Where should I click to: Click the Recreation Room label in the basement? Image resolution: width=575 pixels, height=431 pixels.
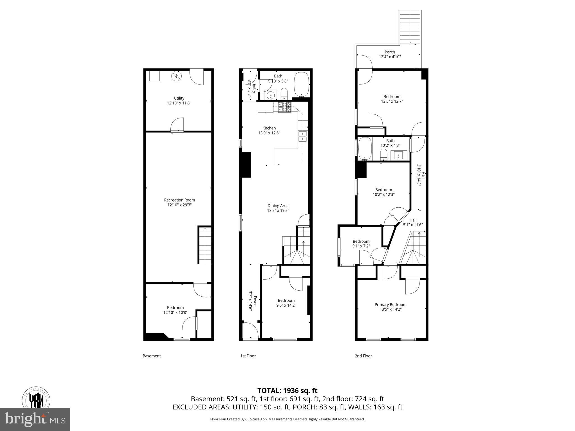click(x=179, y=200)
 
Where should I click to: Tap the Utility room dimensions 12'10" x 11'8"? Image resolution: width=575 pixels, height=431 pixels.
click(x=179, y=103)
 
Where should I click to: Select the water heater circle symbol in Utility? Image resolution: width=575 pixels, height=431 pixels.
click(x=176, y=76)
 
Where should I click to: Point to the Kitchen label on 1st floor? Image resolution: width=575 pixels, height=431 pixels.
click(x=269, y=128)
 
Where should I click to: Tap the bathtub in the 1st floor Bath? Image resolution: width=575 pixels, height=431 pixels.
click(x=302, y=84)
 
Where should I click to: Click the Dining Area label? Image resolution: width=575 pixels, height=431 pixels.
click(x=278, y=206)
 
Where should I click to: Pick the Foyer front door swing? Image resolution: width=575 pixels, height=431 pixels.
click(x=250, y=331)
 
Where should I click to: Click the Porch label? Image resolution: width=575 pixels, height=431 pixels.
click(x=390, y=52)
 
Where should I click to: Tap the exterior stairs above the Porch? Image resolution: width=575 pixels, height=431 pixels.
click(x=410, y=27)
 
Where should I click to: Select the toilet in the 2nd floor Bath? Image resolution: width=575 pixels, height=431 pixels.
click(x=384, y=155)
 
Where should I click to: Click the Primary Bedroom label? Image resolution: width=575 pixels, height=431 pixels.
click(x=391, y=304)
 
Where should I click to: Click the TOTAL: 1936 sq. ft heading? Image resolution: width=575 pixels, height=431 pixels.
click(x=287, y=391)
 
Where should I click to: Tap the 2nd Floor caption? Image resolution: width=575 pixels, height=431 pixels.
click(x=363, y=356)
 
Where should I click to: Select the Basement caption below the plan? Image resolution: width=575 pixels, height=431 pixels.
click(x=152, y=356)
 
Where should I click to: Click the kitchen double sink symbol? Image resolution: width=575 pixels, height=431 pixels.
click(x=303, y=136)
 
